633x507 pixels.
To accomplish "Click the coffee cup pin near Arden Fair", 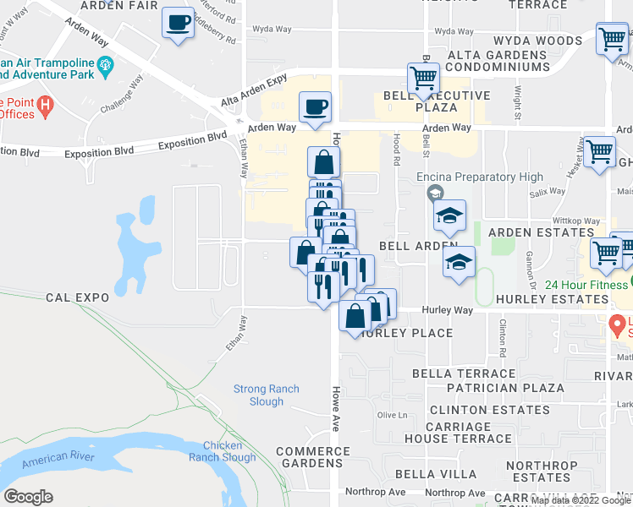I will [x=178, y=23].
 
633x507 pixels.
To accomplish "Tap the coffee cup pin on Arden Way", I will [x=315, y=107].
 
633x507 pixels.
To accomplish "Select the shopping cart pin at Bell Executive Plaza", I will [x=422, y=79].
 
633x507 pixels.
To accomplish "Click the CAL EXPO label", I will [x=78, y=298].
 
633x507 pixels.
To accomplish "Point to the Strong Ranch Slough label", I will [x=267, y=395].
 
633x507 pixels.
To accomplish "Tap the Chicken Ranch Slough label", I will [x=229, y=451].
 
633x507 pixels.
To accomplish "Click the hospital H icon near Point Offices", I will [x=47, y=106].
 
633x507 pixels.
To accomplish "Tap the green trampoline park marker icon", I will [x=106, y=64].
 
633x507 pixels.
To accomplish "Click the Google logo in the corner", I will [x=28, y=497].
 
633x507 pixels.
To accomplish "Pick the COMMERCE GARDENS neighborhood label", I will [x=312, y=457].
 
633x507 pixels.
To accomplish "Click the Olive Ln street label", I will [x=393, y=415].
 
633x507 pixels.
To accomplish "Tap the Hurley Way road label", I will [x=451, y=310].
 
